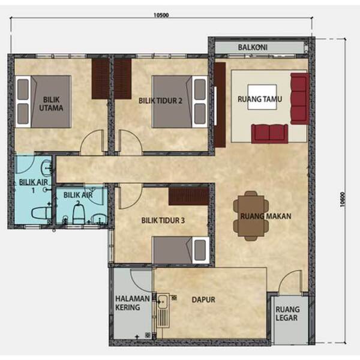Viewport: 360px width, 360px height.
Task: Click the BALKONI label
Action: click(253, 47)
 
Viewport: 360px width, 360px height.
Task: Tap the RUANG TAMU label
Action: click(260, 99)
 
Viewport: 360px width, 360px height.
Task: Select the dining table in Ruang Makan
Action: click(251, 216)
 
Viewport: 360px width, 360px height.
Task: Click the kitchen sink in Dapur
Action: click(163, 310)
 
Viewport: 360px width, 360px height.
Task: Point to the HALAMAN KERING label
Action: click(132, 303)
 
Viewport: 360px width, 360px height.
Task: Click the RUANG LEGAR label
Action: click(287, 313)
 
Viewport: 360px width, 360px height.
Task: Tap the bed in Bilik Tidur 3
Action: click(181, 250)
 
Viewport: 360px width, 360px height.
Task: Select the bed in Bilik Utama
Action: click(43, 101)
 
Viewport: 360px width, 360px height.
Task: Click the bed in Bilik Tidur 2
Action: click(180, 102)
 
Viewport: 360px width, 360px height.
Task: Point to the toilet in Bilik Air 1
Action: click(41, 213)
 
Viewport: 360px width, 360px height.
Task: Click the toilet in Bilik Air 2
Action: click(79, 214)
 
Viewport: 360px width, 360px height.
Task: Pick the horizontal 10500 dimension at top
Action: click(161, 18)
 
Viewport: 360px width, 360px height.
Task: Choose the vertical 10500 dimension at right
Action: click(344, 191)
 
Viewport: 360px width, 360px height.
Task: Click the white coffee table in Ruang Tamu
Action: click(262, 97)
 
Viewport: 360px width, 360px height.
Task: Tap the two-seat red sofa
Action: click(269, 134)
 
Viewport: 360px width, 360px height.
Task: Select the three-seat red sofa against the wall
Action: click(299, 99)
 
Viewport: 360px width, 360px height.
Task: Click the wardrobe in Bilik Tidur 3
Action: click(189, 196)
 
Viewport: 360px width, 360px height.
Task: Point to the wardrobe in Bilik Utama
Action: click(100, 79)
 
